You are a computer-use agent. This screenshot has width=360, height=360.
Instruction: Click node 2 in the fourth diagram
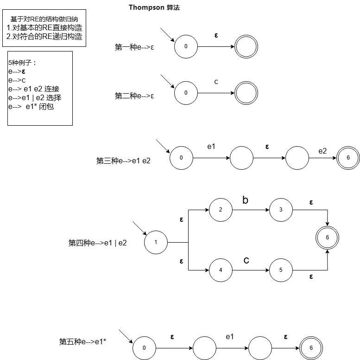221,210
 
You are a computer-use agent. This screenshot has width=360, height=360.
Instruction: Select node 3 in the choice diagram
281,210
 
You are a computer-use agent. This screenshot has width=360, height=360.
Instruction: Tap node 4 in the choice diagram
221,270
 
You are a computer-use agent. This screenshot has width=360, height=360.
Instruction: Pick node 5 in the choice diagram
281,270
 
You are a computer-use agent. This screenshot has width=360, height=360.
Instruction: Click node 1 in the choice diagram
156,242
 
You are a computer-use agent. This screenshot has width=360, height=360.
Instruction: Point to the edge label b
246,200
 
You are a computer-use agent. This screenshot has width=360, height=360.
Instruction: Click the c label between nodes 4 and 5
246,261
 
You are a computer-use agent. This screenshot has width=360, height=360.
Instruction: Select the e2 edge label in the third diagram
322,151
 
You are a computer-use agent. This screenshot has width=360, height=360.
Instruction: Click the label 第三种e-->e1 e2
123,161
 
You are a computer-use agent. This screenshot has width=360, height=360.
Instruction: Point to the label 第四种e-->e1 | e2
98,242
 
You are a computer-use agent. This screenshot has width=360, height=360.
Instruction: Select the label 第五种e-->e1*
83,342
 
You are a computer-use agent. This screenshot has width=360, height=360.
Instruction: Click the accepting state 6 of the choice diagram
327,238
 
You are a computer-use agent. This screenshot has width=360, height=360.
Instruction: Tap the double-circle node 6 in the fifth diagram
311,347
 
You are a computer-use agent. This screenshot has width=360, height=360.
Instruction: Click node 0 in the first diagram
186,46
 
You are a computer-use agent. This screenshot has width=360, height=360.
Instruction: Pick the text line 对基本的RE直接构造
44,27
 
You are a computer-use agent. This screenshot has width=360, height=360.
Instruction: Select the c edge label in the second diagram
216,82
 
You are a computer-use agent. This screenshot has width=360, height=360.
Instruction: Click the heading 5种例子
22,62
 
